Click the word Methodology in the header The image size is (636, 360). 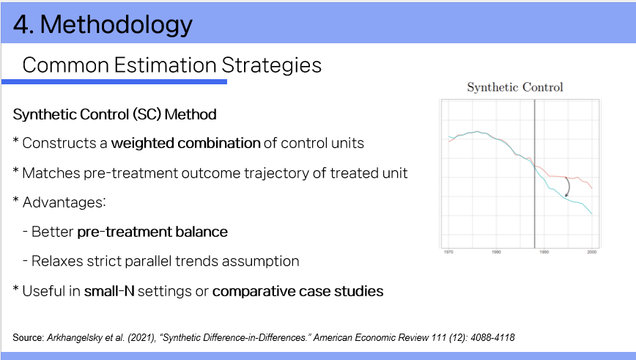[x=117, y=25]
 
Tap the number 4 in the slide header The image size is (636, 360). [x=21, y=24]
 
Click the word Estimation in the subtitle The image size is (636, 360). [x=165, y=65]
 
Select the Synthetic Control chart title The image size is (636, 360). [x=514, y=87]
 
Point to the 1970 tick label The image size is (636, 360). [x=448, y=252]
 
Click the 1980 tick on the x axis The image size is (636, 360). [x=496, y=252]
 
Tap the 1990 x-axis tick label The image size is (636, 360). [x=544, y=252]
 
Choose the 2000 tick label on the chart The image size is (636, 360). [x=592, y=252]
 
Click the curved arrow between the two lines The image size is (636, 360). [x=569, y=187]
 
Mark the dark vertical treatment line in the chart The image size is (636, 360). [x=535, y=174]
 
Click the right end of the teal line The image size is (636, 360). [x=592, y=213]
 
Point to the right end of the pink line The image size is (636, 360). [x=592, y=188]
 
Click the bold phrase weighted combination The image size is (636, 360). [x=186, y=143]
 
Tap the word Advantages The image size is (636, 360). [x=64, y=202]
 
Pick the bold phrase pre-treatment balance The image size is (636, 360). [x=152, y=232]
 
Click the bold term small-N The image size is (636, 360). [x=109, y=291]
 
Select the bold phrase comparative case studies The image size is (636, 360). [x=297, y=291]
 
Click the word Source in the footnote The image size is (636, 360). [x=28, y=337]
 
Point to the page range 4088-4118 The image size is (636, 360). [x=492, y=337]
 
